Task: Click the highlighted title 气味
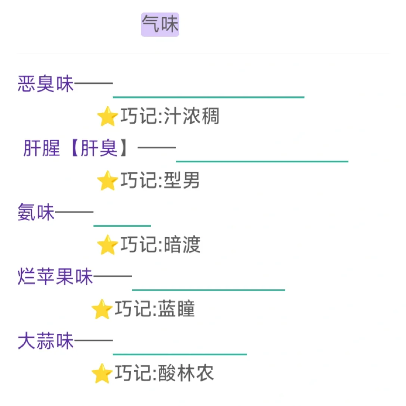(160, 25)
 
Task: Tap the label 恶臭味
(46, 84)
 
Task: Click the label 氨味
(36, 212)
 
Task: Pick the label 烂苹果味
(55, 277)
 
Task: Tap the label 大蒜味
(46, 341)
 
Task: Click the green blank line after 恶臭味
(208, 97)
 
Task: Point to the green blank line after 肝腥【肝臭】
(262, 161)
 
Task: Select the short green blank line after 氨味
(122, 226)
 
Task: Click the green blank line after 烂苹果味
(208, 290)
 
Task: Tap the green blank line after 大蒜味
(179, 354)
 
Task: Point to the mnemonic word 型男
(182, 180)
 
